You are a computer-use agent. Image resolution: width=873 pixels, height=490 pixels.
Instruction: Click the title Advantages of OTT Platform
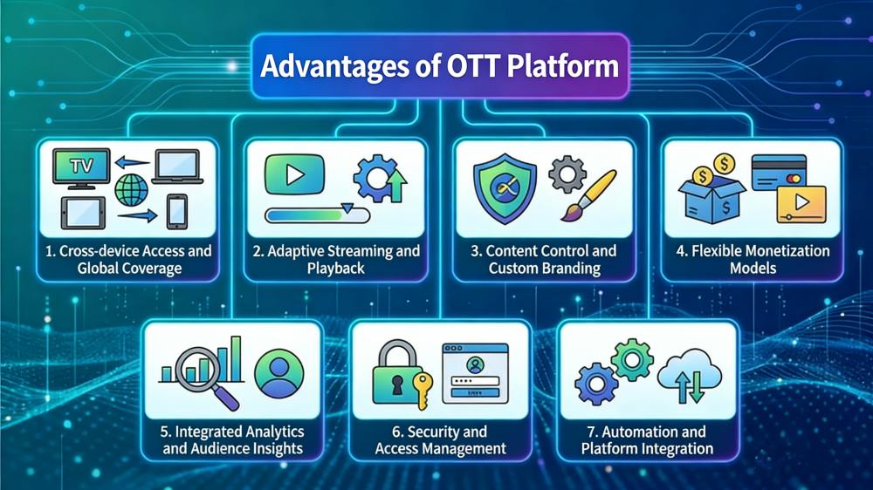point(439,66)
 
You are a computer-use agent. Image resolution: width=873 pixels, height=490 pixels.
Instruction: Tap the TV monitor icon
point(80,167)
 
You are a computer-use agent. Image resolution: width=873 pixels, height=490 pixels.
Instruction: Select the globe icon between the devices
point(131,189)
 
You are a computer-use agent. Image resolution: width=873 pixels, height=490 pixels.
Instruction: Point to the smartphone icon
point(177,211)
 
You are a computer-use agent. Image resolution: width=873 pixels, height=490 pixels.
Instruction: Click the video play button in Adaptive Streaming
point(294,175)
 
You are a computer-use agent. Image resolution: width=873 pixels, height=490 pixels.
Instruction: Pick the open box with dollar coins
point(713,189)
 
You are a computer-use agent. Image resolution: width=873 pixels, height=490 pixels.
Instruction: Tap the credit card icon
point(779,171)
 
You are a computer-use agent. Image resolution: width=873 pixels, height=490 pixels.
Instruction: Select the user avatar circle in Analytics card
point(278,373)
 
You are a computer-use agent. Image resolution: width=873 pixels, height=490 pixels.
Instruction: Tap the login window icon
point(475,372)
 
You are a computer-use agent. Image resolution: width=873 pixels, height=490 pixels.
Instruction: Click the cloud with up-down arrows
point(690,379)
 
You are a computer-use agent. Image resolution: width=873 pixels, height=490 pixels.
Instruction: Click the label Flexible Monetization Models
point(752,259)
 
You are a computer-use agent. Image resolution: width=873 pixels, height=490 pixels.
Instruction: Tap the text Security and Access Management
point(440,440)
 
